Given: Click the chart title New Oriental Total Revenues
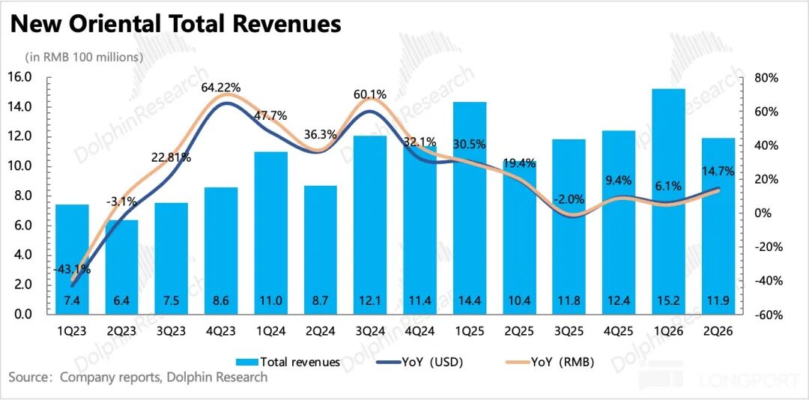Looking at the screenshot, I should [175, 24].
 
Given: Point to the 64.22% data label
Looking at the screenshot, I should [220, 88].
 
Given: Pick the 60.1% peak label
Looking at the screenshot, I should [370, 94].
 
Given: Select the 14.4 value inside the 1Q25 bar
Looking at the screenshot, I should [470, 301].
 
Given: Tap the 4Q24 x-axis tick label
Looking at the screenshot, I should [420, 330].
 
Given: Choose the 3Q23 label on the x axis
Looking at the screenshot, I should [171, 330].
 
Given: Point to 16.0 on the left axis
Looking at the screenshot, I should [19, 77].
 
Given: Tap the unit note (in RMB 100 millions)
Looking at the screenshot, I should [84, 57].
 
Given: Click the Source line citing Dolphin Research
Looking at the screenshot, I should [138, 378].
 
